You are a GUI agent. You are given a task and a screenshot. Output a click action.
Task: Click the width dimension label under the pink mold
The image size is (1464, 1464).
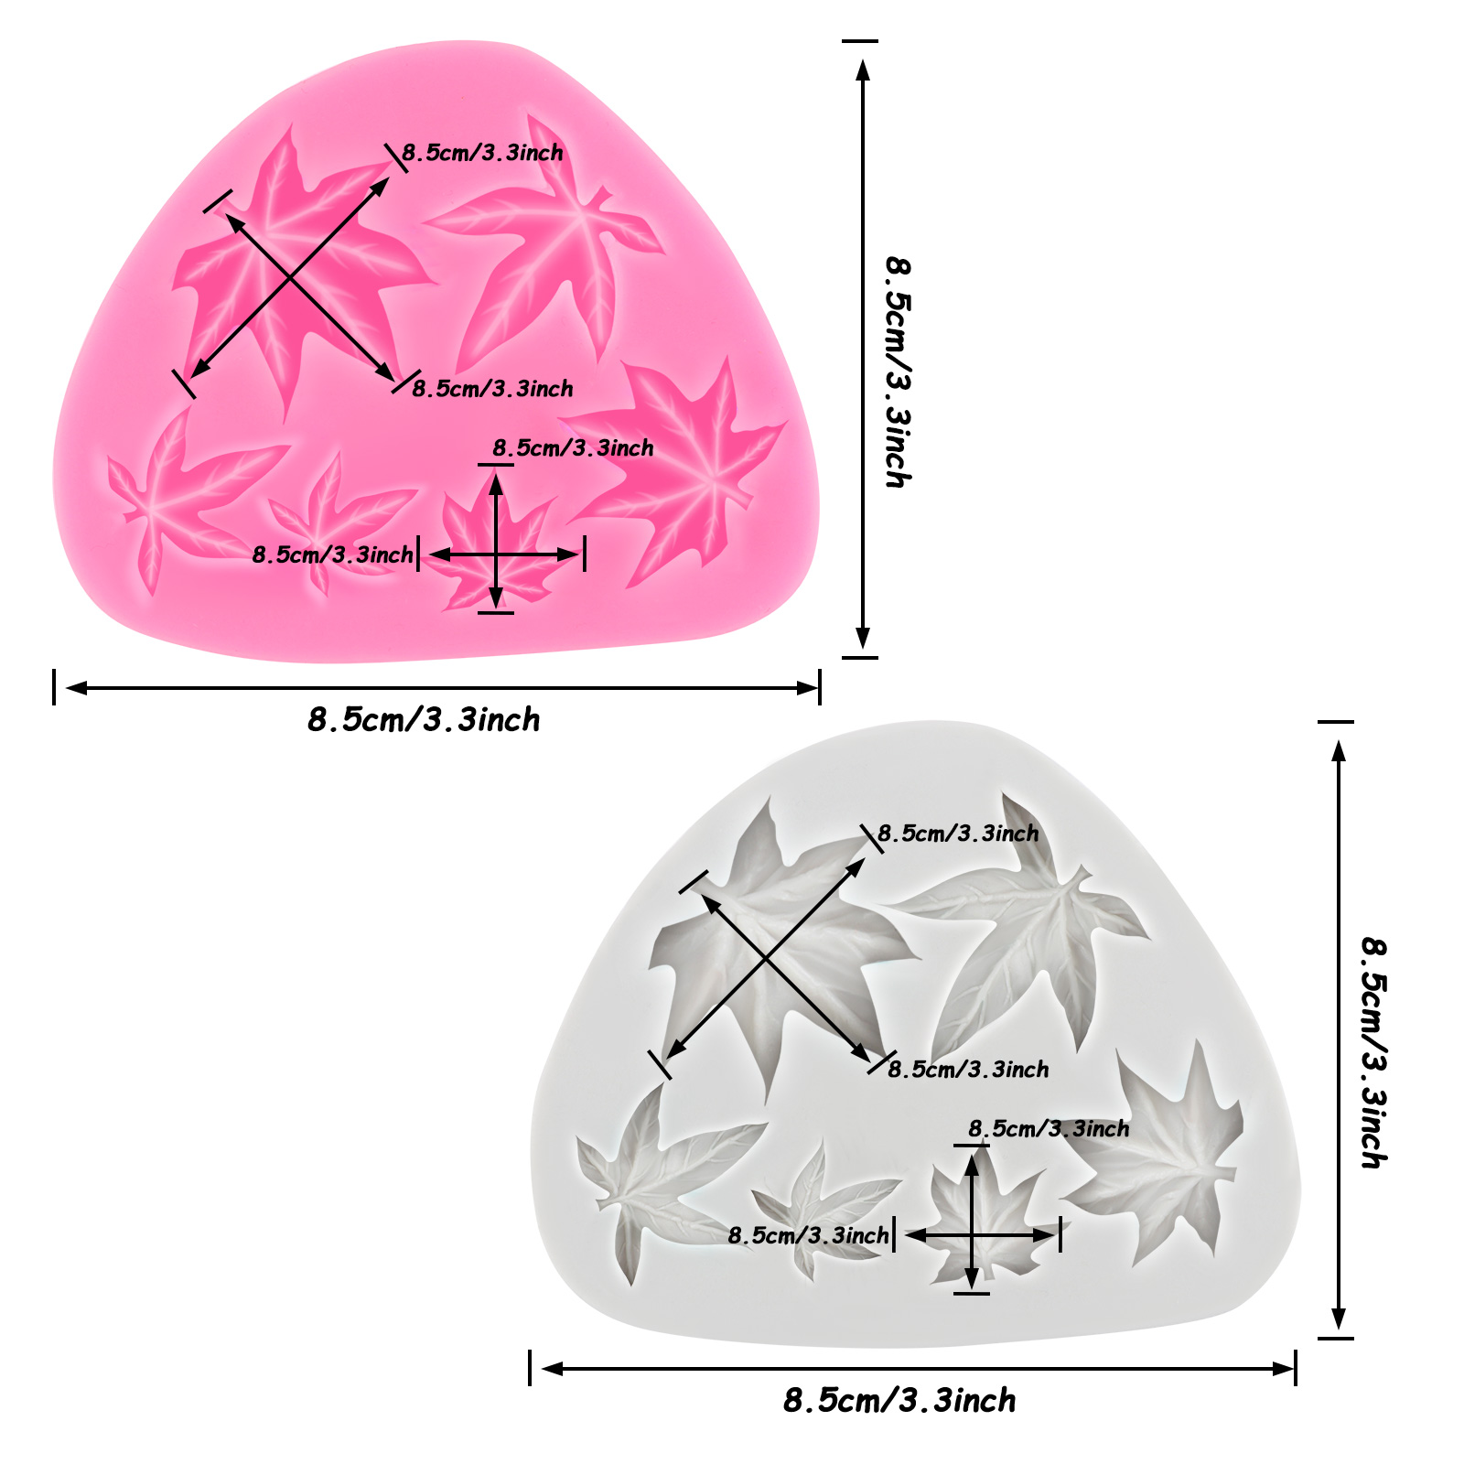[x=424, y=720]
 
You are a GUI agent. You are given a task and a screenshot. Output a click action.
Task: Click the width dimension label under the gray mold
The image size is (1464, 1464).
[x=899, y=1400]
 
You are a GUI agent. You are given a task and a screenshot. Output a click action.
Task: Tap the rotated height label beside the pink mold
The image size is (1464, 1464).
[x=898, y=371]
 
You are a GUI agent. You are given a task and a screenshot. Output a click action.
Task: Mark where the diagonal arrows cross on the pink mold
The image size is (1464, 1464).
[x=291, y=278]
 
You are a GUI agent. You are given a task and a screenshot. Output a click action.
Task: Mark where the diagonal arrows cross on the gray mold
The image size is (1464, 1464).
[x=767, y=959]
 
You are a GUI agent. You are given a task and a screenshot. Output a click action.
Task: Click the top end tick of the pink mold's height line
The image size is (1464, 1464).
[x=860, y=41]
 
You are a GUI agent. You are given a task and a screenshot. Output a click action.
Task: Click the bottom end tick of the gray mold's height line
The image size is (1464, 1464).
[x=1337, y=1338]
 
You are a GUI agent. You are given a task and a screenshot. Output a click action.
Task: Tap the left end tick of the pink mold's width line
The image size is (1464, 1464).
[x=54, y=687]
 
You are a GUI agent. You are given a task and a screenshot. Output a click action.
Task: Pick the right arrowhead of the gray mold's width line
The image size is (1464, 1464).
[x=1284, y=1369]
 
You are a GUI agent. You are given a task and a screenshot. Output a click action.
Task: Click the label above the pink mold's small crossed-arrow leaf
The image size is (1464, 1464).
[x=573, y=447]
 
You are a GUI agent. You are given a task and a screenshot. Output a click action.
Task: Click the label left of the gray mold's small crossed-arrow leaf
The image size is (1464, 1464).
[x=808, y=1235]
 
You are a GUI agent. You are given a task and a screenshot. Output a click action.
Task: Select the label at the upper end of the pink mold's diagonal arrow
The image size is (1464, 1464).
[x=482, y=153]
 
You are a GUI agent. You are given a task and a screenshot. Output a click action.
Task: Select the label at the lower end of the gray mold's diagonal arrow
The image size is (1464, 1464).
[x=968, y=1069]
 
